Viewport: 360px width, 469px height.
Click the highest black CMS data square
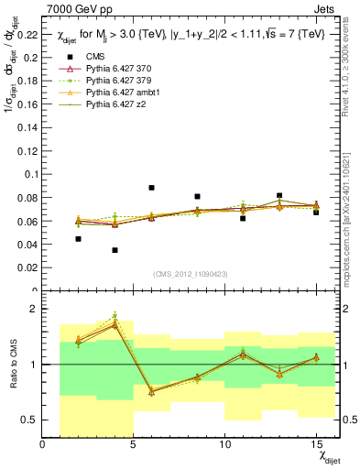tap(151, 188)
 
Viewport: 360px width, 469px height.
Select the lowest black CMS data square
tap(115, 250)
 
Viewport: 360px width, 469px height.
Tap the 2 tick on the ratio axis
tap(35, 310)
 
